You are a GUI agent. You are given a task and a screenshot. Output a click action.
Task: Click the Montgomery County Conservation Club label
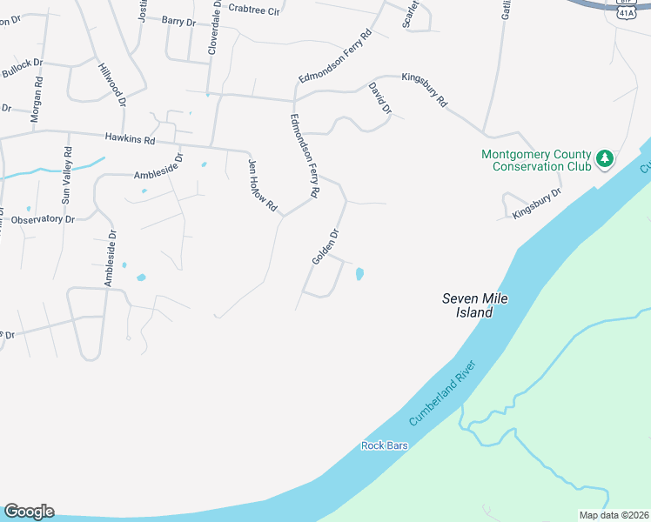click(536, 160)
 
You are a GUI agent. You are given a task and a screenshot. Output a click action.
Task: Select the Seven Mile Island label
click(474, 304)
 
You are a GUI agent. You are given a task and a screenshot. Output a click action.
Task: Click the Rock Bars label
click(384, 445)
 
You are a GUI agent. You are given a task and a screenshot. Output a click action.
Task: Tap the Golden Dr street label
click(325, 247)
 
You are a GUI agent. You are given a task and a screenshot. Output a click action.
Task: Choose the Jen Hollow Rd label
click(262, 185)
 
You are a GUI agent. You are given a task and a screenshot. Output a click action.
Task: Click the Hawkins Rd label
click(130, 138)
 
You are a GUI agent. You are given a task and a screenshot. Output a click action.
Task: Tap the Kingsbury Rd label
click(424, 90)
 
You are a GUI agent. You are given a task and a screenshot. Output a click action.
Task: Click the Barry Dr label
click(178, 22)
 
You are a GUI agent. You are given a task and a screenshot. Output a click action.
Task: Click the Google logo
click(29, 512)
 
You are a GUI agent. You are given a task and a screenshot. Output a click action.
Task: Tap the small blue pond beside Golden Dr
click(359, 274)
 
